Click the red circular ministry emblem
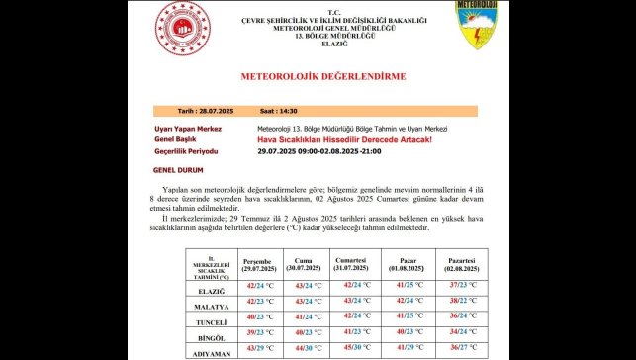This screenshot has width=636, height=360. coord(180,29)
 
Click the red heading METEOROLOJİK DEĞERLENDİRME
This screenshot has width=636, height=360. coord(322,76)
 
